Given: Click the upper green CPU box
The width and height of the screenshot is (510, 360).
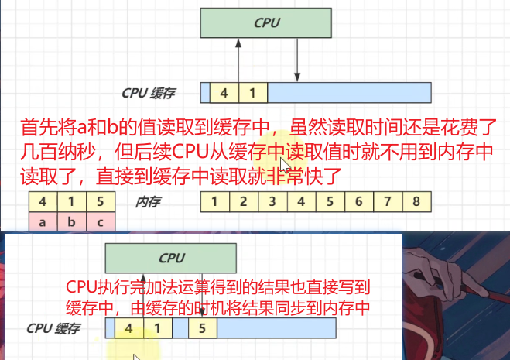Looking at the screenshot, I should point(267,23).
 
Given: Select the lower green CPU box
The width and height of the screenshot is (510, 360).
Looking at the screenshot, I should point(171,259).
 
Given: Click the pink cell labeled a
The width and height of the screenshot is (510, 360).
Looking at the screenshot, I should point(43,223).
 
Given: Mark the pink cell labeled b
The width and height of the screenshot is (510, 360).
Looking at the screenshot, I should point(71,223).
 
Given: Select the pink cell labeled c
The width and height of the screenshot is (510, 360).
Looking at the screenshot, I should point(100,223).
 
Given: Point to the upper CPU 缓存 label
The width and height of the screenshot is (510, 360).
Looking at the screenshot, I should point(149,93).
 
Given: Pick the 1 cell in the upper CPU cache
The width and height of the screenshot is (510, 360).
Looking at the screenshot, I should point(252,93).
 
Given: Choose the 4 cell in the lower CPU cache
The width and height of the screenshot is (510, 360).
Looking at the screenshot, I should point(128,328).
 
